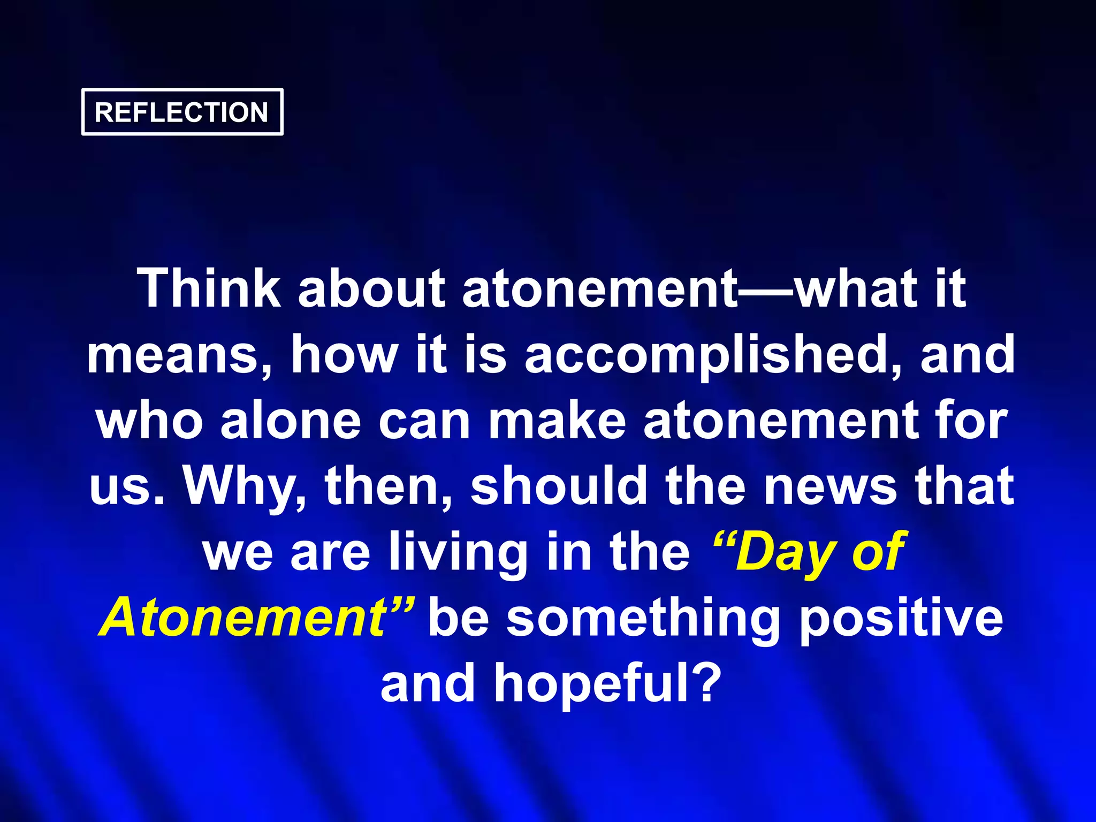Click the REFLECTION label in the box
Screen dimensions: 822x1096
181,112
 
